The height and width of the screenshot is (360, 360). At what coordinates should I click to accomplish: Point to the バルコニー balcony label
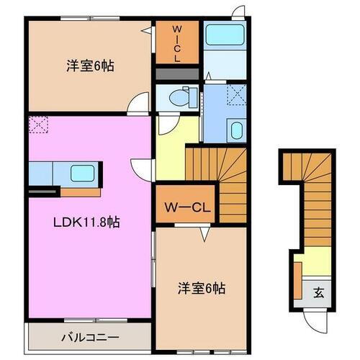point(90,337)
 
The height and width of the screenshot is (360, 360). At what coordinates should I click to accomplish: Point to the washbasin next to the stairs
point(236,130)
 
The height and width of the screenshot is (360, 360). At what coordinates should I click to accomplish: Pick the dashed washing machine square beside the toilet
point(235,94)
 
